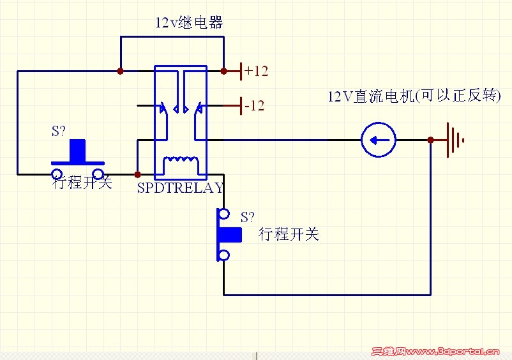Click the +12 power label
tap(256, 71)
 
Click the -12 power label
tap(254, 105)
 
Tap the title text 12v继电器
tap(189, 23)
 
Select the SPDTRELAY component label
tap(181, 188)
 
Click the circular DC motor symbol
tap(379, 140)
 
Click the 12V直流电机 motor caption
tap(414, 96)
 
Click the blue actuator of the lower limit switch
tap(230, 234)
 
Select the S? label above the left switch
tap(58, 131)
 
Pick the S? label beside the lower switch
tap(247, 216)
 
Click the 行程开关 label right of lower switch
tap(289, 234)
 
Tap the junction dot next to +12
tap(223, 71)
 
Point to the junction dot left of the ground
tap(431, 140)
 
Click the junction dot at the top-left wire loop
tap(121, 71)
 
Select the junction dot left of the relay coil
tap(137, 174)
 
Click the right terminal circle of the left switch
tap(98, 174)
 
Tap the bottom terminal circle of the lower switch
tap(223, 255)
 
